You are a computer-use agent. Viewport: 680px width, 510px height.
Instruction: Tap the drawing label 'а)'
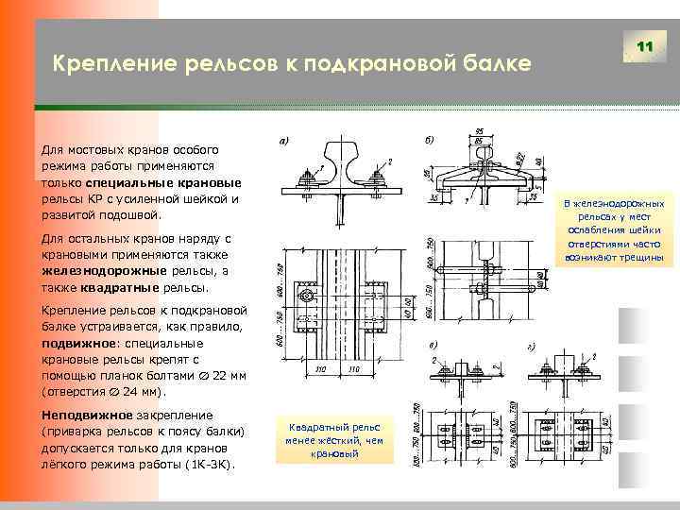pos(284,142)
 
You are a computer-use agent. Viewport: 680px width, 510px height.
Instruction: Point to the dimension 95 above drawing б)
pos(482,130)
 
